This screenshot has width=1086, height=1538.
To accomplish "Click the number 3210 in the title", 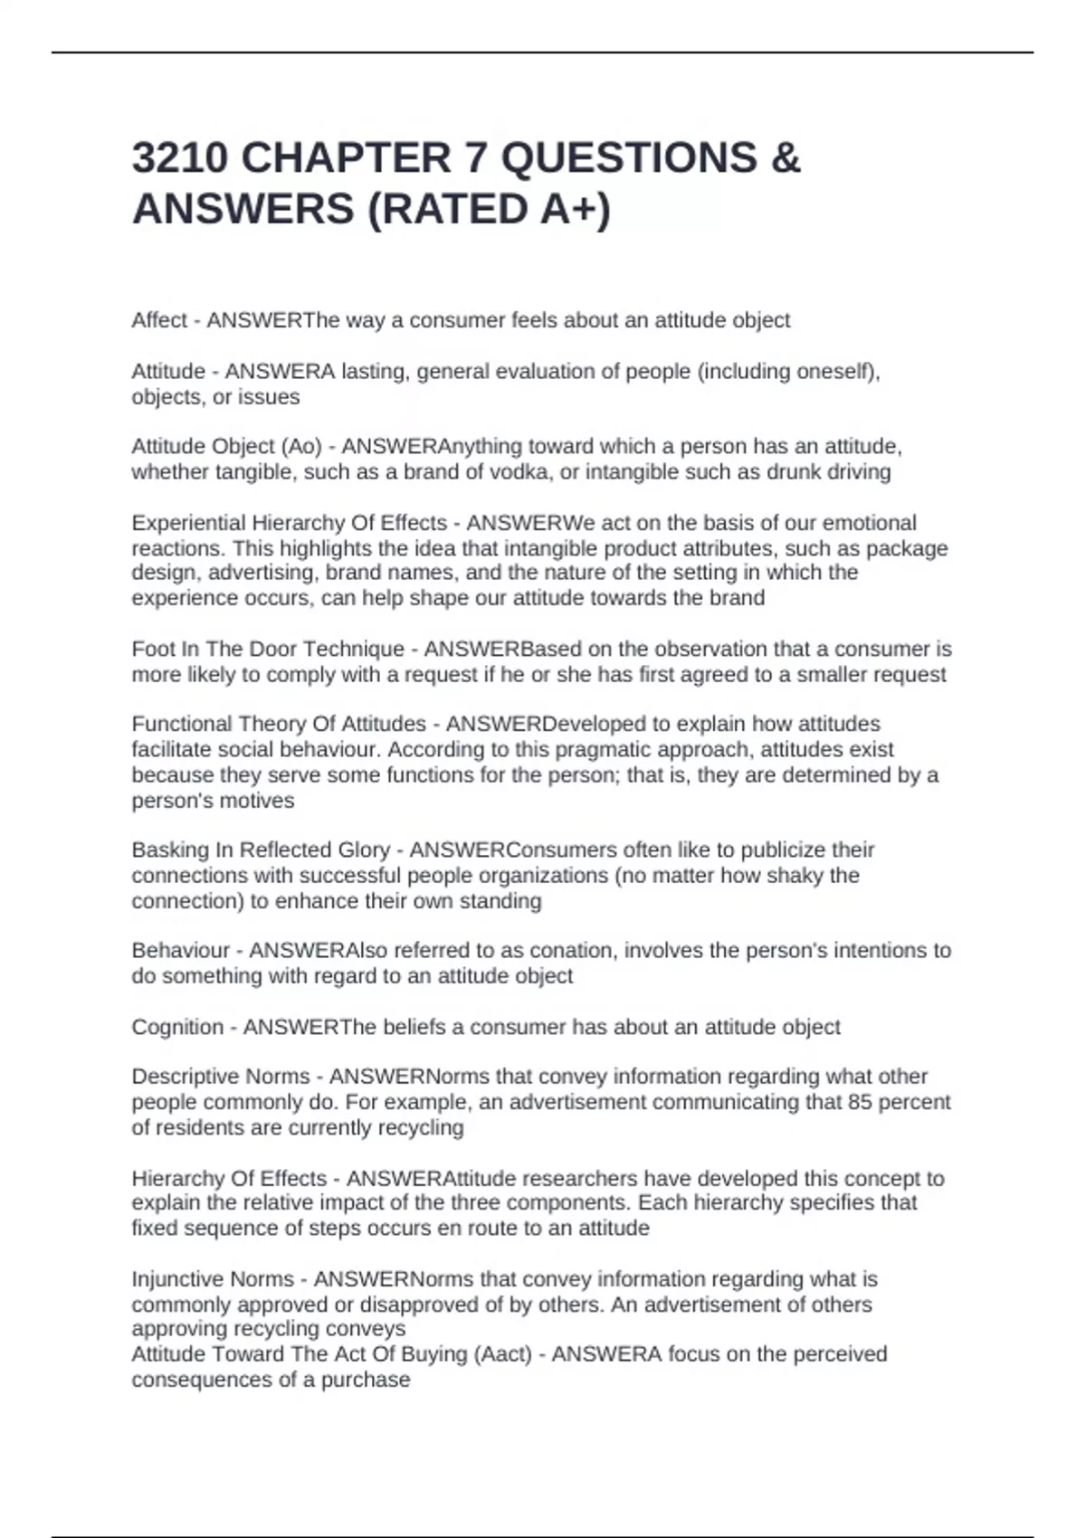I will (x=179, y=158).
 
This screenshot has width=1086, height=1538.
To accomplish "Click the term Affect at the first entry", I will (x=159, y=320).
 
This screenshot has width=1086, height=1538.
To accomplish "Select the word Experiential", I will (x=187, y=523).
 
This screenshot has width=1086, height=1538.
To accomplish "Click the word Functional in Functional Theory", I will (x=181, y=724).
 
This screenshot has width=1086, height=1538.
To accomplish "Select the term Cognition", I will (x=177, y=1028).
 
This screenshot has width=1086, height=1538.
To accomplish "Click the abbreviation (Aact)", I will (x=497, y=1354).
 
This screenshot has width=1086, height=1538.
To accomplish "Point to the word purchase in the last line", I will (x=371, y=1381).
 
